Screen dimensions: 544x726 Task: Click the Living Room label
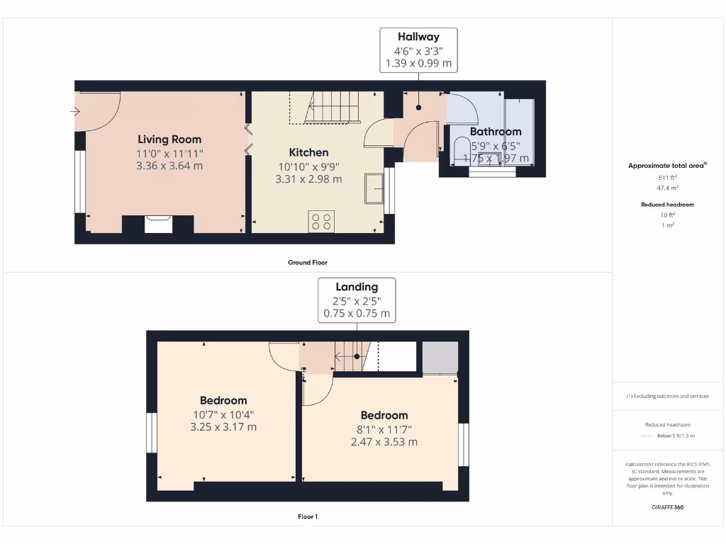coord(169,140)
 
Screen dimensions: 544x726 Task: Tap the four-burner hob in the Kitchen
coord(320,222)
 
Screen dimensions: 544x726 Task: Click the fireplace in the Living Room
coord(157,225)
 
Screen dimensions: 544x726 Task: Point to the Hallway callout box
coord(418,50)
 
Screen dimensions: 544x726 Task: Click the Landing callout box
coord(357,300)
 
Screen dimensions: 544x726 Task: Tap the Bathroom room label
coord(496,132)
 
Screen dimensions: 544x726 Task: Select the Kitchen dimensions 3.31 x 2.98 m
coord(308,179)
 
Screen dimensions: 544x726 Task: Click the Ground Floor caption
coord(308,263)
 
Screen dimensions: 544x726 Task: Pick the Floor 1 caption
coord(308,517)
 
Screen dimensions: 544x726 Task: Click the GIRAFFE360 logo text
coord(667,507)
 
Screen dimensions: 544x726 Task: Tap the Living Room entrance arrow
coord(74,111)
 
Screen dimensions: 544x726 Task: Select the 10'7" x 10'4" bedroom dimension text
coord(223,414)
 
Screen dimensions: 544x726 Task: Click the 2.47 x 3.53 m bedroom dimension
coord(384,442)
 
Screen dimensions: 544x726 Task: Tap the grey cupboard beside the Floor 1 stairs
coord(440,358)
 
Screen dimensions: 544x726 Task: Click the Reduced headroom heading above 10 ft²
coord(667,205)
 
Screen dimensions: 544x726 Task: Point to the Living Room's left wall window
coord(81,181)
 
